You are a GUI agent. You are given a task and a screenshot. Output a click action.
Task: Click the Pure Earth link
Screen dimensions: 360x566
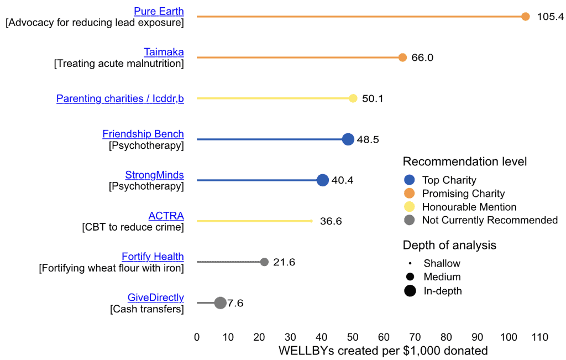point(159,11)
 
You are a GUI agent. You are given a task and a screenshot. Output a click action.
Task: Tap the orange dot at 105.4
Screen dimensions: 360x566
point(526,17)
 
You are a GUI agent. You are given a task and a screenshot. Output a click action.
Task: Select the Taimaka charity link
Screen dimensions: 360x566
point(164,52)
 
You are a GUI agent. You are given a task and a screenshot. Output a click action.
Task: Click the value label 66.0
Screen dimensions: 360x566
point(422,58)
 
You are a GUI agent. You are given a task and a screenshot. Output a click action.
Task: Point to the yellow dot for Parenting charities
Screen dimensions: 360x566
point(353,98)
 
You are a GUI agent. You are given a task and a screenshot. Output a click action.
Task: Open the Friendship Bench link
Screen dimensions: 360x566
point(143,134)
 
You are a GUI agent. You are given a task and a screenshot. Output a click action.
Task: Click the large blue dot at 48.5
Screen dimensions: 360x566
point(348,139)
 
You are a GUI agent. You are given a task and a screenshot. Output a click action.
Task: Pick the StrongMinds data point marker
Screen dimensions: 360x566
point(323,180)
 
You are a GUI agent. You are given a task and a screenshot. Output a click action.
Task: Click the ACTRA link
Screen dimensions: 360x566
point(166,216)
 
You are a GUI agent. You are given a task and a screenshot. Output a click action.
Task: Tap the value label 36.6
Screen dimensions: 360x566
point(331,221)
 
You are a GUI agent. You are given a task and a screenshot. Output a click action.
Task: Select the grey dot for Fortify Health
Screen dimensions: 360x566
point(264,262)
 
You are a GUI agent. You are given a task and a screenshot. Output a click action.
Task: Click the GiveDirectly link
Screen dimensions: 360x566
point(155,298)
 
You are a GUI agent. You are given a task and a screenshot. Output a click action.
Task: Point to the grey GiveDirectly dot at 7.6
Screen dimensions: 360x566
point(220,303)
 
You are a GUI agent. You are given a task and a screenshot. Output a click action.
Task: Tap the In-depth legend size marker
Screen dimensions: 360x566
point(410,291)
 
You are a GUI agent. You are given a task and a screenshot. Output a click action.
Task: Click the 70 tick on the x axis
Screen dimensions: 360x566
point(415,337)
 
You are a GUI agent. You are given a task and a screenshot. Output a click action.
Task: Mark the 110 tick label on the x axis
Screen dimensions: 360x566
point(540,337)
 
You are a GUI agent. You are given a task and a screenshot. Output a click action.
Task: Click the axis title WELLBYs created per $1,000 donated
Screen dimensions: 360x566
point(383,351)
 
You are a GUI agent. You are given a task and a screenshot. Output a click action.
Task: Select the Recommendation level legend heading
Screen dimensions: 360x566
point(464,161)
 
